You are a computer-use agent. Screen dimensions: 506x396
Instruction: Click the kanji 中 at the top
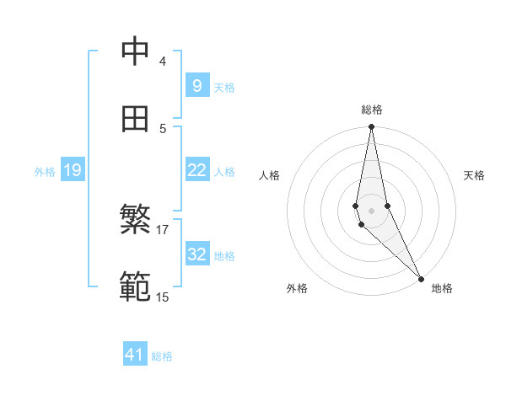135,52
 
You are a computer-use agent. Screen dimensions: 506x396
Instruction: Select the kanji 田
135,119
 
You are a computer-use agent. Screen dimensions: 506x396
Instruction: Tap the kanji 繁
135,220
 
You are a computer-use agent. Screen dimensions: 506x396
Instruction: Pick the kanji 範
135,287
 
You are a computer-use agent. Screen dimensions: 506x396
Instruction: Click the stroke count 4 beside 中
162,62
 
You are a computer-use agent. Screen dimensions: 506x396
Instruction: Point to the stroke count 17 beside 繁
163,229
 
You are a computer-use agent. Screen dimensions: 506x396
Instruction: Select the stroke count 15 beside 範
163,297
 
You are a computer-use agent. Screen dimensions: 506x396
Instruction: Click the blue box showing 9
196,86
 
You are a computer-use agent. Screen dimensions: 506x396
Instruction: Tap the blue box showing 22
196,170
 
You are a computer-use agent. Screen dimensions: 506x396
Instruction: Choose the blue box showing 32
196,254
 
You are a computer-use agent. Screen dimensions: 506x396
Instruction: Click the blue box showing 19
72,170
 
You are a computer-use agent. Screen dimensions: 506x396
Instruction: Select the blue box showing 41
135,355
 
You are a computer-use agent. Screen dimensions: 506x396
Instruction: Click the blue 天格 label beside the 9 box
223,88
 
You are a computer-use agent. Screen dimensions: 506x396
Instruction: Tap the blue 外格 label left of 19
45,172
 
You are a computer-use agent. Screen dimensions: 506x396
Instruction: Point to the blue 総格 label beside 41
162,356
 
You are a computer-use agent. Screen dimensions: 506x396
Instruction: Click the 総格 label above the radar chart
371,110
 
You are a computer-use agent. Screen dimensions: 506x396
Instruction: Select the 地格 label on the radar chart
442,288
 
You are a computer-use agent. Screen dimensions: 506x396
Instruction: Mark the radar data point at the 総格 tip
371,127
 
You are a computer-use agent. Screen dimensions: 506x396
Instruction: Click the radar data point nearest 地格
422,279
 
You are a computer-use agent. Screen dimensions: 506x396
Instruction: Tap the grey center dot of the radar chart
371,210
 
